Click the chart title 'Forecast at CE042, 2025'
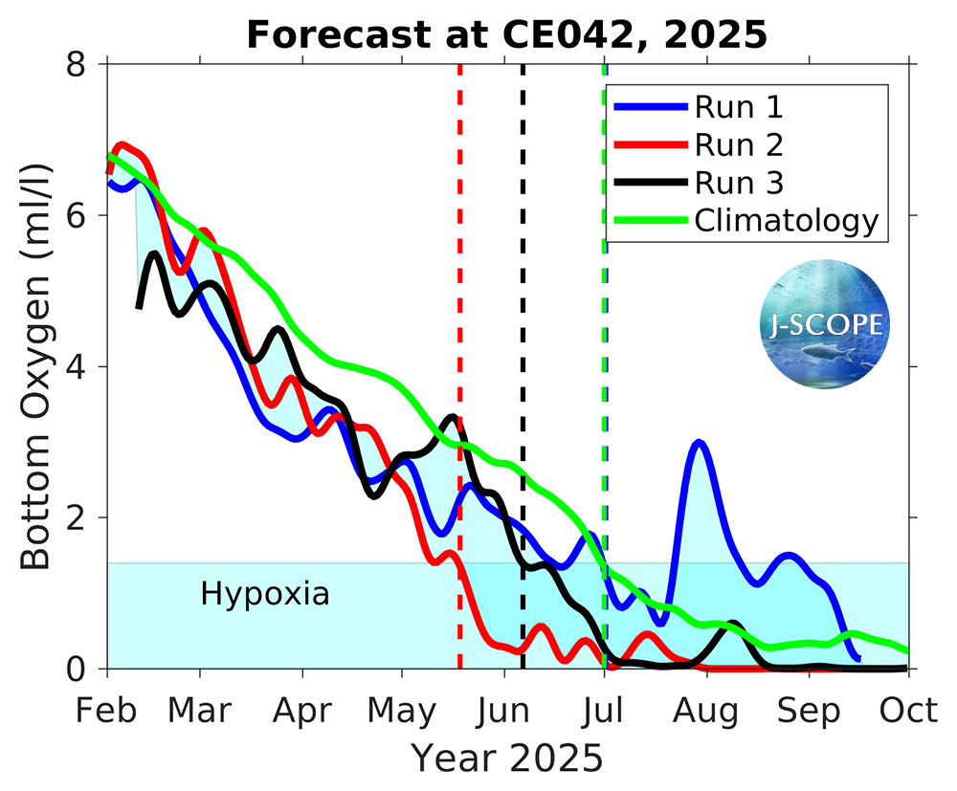(x=506, y=34)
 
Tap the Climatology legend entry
(x=786, y=220)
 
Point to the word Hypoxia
(x=265, y=594)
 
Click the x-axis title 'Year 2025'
(x=507, y=758)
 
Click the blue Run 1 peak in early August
(x=700, y=443)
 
